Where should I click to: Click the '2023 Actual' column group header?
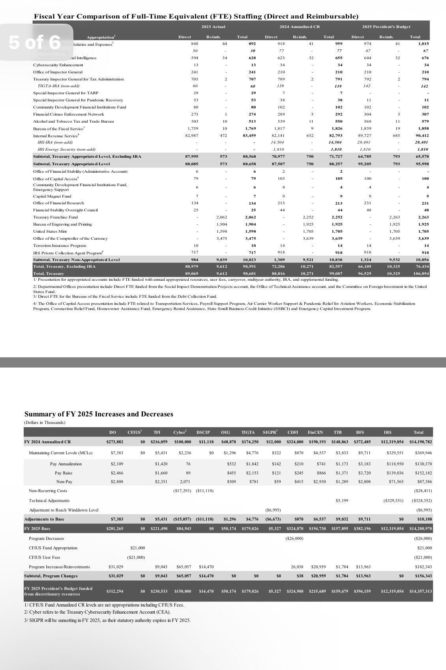pyautogui.click(x=213, y=27)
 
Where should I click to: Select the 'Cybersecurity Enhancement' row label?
pyautogui.click(x=58, y=65)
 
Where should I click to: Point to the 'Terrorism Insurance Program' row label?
pyautogui.click(x=60, y=246)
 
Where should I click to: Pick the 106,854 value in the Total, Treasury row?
pyautogui.click(x=421, y=273)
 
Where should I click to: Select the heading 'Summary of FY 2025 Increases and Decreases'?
pyautogui.click(x=99, y=414)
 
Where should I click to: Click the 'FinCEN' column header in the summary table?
pyautogui.click(x=315, y=433)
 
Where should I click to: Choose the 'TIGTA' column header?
pyautogui.click(x=248, y=433)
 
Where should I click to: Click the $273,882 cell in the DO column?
pyautogui.click(x=114, y=442)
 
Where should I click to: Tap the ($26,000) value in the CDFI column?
pyautogui.click(x=294, y=538)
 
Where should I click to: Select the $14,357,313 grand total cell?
pyautogui.click(x=420, y=591)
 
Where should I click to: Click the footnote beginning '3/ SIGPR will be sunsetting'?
pyautogui.click(x=107, y=620)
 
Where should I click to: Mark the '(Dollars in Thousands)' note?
pyautogui.click(x=45, y=423)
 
